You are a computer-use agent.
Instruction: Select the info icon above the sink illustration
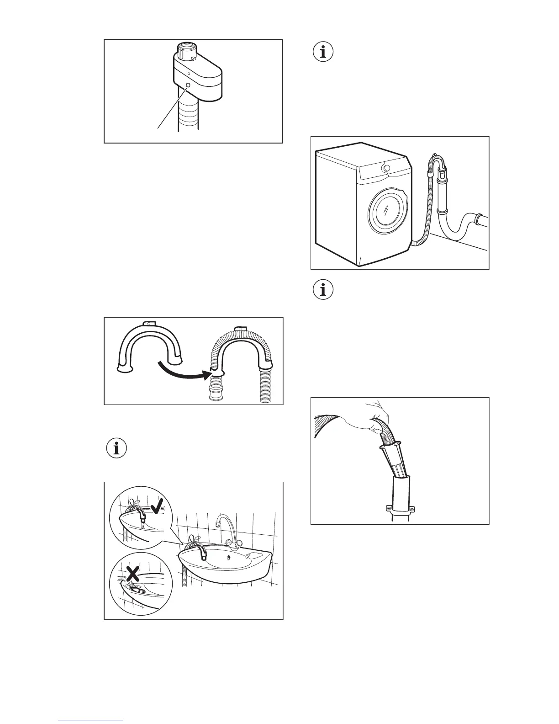pos(117,449)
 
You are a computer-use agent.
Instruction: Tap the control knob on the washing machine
pos(387,168)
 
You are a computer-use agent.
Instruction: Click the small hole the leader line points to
pos(187,85)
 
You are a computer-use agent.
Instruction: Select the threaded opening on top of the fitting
pos(187,48)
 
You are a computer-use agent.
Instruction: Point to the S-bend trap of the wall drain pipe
pos(457,229)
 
